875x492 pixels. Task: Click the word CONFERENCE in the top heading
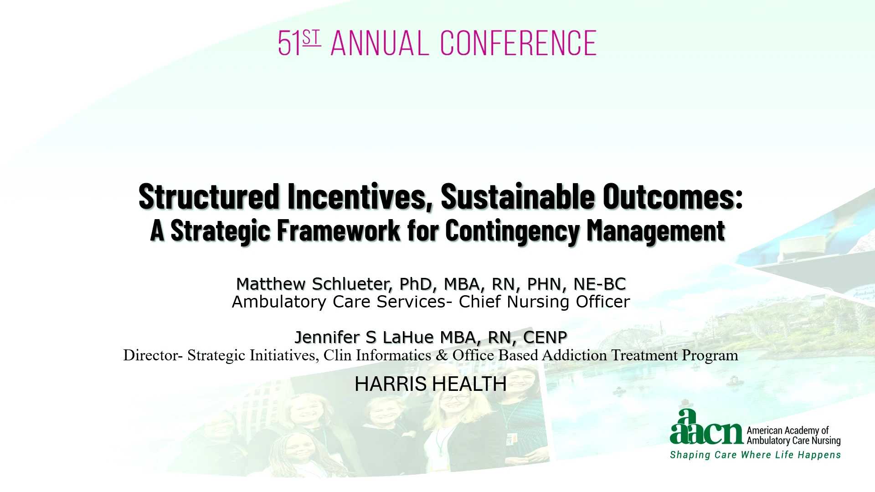(518, 43)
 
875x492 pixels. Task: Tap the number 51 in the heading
(289, 43)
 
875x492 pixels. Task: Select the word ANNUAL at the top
(380, 43)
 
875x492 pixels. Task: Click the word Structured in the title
(209, 196)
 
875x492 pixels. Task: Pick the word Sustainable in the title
(518, 196)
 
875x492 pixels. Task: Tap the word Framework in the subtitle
(339, 230)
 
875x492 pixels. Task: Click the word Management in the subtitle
(656, 231)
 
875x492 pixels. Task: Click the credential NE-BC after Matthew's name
(600, 284)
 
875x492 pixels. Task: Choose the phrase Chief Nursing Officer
(544, 302)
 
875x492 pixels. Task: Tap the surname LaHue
(408, 337)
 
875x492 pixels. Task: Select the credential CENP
(545, 337)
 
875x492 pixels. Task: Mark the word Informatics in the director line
(393, 355)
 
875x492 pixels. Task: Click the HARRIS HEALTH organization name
(431, 384)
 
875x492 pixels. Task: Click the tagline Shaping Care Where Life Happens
(755, 455)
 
